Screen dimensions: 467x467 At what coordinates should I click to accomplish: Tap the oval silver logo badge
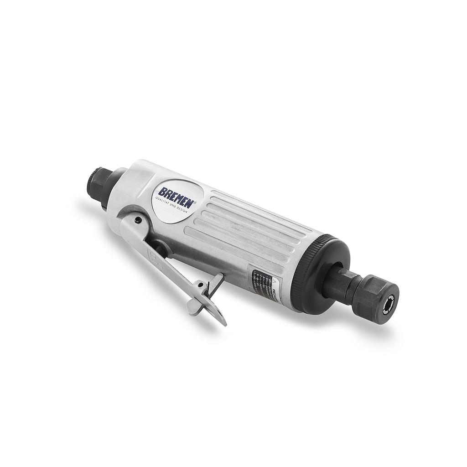(x=176, y=201)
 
